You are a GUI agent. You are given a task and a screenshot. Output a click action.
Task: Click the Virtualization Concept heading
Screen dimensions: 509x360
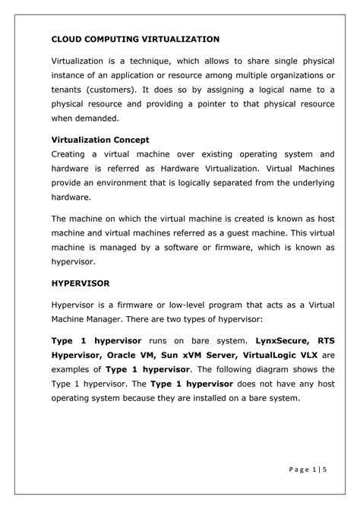(100, 140)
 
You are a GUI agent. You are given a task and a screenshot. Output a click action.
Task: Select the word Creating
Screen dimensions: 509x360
(69, 153)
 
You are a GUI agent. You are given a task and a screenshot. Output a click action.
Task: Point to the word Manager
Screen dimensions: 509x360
(103, 322)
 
